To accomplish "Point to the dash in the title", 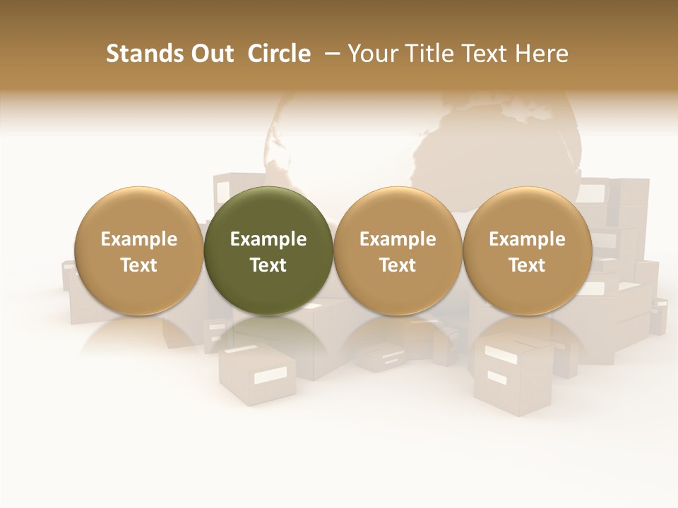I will click(x=329, y=54).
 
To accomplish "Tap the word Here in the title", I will click(x=542, y=54).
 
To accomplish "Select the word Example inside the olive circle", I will click(x=268, y=239).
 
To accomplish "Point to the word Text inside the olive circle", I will click(x=268, y=265).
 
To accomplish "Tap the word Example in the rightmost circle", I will click(x=527, y=239).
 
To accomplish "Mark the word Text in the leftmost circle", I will click(x=138, y=265).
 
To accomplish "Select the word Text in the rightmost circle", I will click(x=527, y=265).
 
